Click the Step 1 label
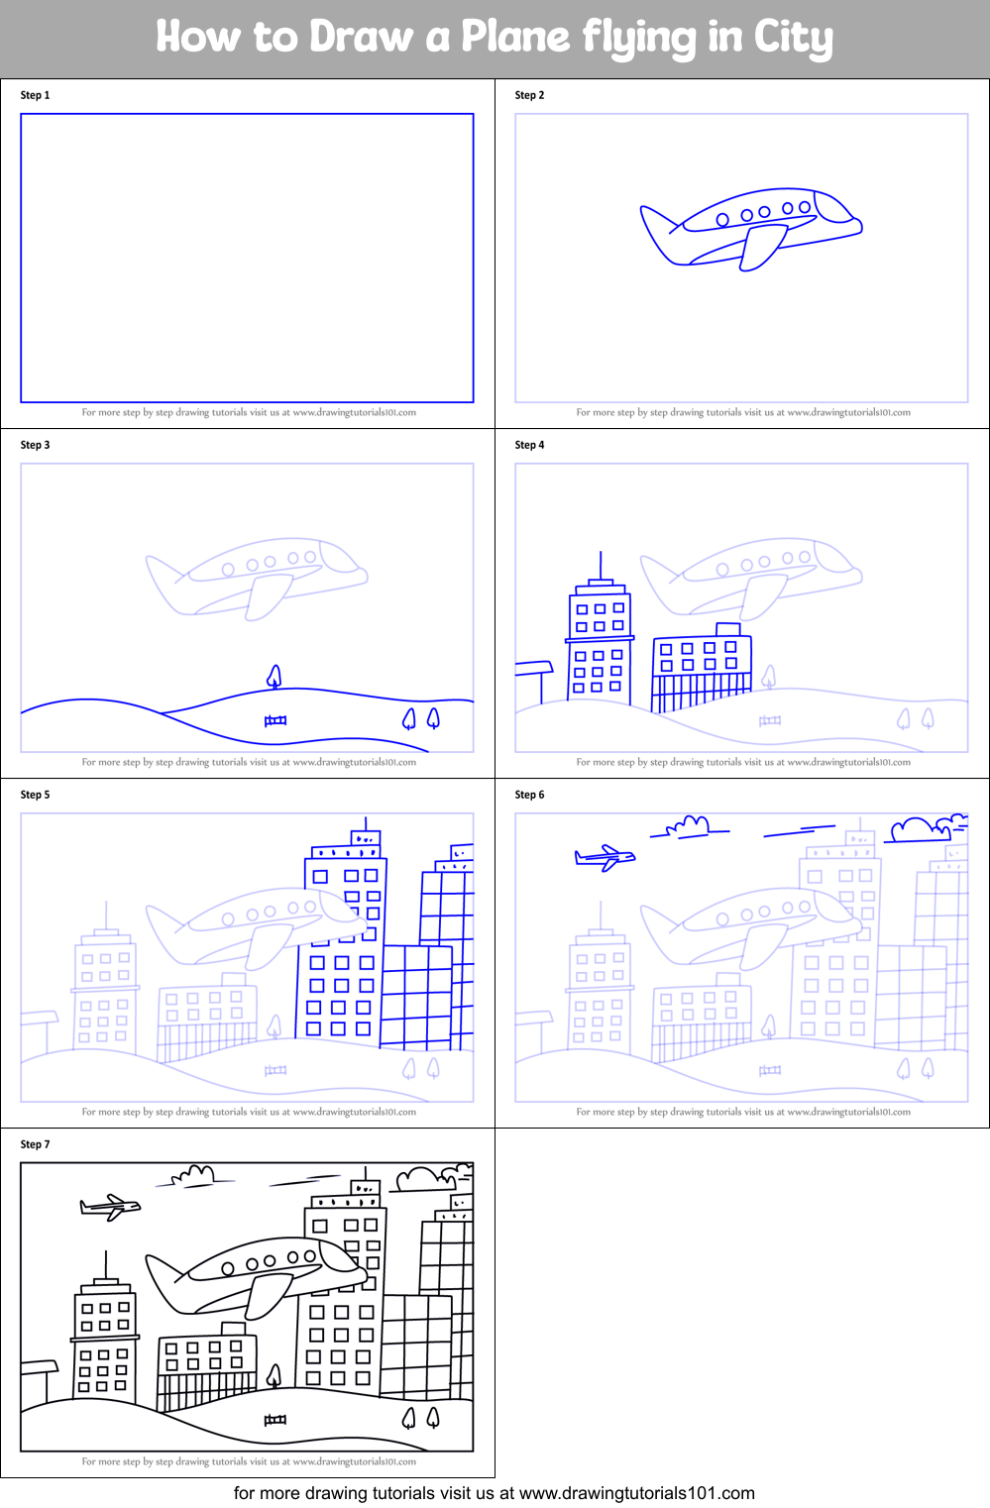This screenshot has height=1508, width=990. [x=35, y=95]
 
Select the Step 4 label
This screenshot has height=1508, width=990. [x=529, y=445]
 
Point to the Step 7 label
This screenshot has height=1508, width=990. [x=35, y=1144]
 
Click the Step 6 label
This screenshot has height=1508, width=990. [x=529, y=795]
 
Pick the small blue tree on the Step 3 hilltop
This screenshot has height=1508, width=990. [x=275, y=676]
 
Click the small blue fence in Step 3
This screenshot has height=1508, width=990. [x=275, y=720]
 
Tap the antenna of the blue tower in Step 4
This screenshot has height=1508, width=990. [x=601, y=565]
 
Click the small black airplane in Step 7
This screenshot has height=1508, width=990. [x=110, y=1206]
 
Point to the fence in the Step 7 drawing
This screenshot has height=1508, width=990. [x=275, y=1420]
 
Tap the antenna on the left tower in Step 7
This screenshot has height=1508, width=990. [x=106, y=1264]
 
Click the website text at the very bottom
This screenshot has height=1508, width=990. [x=495, y=1493]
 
